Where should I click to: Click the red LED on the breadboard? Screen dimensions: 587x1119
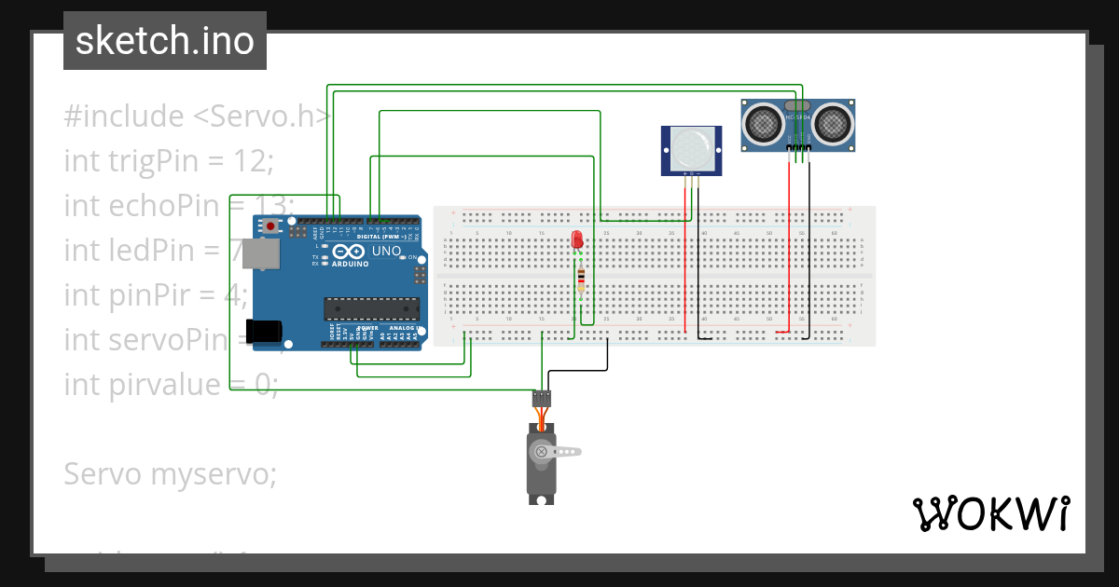[577, 239]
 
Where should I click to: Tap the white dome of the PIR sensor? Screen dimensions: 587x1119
[690, 147]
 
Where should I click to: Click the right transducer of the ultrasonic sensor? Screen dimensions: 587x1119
[833, 121]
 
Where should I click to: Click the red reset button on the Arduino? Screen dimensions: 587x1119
[271, 226]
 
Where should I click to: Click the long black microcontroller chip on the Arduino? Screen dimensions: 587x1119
[370, 308]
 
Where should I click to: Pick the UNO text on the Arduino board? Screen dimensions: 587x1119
[386, 252]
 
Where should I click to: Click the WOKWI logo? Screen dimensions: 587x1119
[990, 513]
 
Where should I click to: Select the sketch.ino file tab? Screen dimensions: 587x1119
[165, 41]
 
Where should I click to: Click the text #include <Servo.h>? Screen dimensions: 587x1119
[197, 116]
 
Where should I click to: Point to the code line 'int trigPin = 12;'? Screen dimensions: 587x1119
[168, 160]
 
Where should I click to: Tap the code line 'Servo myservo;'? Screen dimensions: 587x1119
[170, 473]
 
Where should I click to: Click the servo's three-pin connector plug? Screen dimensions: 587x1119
[542, 399]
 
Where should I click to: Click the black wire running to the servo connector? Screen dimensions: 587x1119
[578, 371]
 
